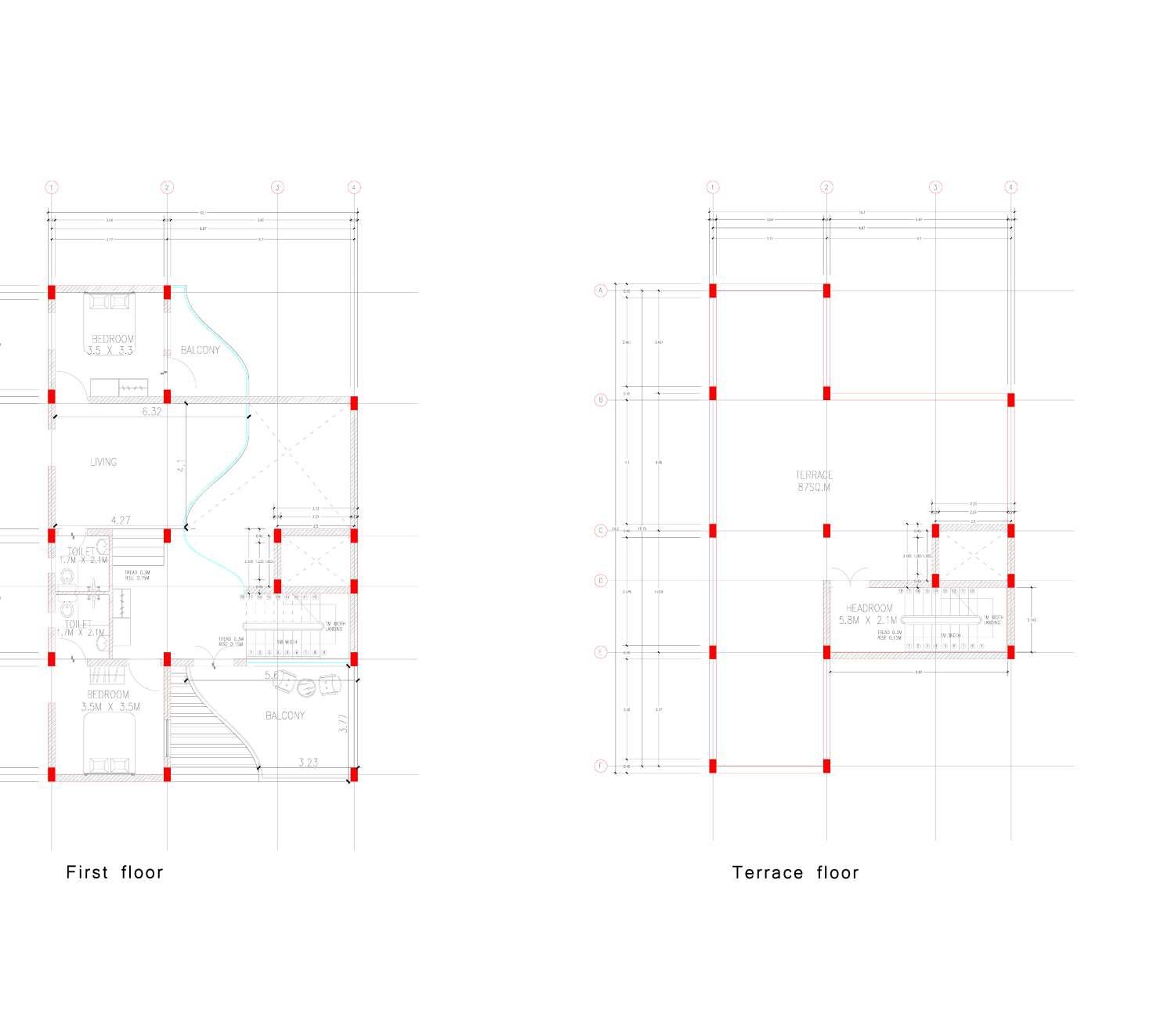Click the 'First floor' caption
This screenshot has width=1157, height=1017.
(x=114, y=872)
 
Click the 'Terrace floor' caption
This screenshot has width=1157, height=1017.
(x=795, y=873)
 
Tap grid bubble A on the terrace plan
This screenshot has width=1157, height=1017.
(x=601, y=290)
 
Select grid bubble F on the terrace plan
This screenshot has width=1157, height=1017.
(x=601, y=766)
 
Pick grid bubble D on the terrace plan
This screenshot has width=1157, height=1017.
(x=601, y=581)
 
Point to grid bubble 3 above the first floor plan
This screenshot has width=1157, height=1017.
(x=277, y=187)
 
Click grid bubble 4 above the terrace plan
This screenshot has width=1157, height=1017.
(x=1011, y=187)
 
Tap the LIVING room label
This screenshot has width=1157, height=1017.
(x=103, y=462)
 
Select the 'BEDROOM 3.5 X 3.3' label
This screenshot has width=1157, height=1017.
(x=110, y=345)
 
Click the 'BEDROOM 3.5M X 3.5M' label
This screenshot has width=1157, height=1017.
(x=110, y=701)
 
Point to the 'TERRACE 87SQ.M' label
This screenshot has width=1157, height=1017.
(x=814, y=481)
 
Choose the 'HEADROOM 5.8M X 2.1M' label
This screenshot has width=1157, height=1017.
(x=868, y=614)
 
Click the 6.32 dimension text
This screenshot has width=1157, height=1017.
(x=152, y=411)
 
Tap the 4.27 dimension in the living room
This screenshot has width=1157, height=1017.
(x=121, y=520)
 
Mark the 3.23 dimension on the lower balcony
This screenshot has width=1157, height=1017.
(x=309, y=762)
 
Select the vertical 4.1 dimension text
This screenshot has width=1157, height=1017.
(x=180, y=466)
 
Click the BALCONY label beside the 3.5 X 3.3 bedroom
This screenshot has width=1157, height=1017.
(x=201, y=350)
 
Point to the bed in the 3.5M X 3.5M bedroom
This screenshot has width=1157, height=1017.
(x=109, y=744)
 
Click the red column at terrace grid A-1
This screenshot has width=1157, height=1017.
(x=713, y=290)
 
